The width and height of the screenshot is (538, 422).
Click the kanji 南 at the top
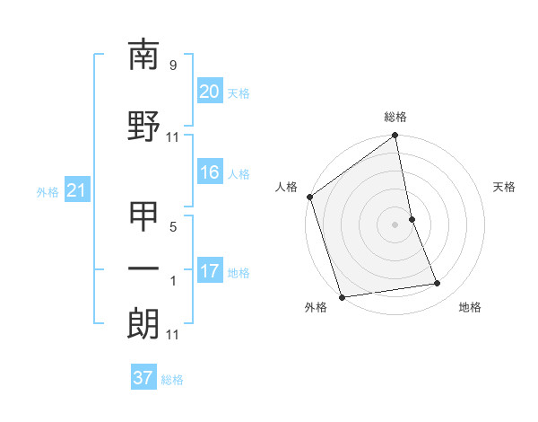click(x=143, y=56)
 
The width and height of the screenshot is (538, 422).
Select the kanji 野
click(x=143, y=127)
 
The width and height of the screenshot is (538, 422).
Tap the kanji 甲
click(x=143, y=216)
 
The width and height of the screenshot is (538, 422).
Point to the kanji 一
click(x=143, y=268)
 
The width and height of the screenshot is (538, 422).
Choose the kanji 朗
click(x=143, y=324)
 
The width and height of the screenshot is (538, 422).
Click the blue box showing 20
click(x=210, y=92)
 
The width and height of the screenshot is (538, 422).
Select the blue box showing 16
click(x=210, y=173)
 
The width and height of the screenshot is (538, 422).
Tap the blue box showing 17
click(x=210, y=271)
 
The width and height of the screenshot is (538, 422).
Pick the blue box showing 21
click(x=76, y=190)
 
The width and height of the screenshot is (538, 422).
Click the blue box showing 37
click(x=143, y=378)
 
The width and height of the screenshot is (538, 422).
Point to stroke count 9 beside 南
click(x=172, y=66)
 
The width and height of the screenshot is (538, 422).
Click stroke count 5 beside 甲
click(x=173, y=227)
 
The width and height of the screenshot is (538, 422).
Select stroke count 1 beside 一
click(x=173, y=281)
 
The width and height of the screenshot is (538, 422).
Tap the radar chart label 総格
click(x=395, y=118)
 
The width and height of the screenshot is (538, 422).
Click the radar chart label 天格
click(x=504, y=187)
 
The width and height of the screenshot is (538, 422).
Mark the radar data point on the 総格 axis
click(x=395, y=136)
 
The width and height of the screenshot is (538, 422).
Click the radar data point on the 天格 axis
click(x=412, y=219)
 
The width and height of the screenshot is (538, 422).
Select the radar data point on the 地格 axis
click(x=438, y=284)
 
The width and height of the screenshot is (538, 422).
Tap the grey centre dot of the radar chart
click(x=395, y=224)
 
